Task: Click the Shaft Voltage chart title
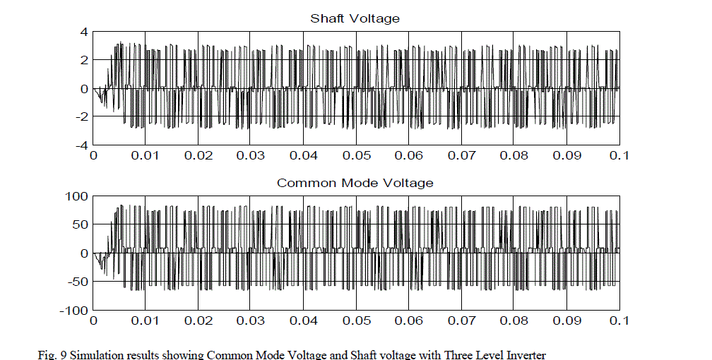click(x=355, y=18)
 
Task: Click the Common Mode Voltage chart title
click(x=355, y=183)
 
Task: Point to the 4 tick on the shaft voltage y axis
click(x=83, y=32)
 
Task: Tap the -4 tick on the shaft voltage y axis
click(x=81, y=145)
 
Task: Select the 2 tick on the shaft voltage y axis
click(x=83, y=60)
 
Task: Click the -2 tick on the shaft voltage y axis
click(x=81, y=116)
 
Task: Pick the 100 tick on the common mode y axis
click(x=76, y=196)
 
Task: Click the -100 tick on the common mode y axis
click(x=73, y=310)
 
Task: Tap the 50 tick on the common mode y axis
click(x=79, y=224)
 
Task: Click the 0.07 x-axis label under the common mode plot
click(x=461, y=320)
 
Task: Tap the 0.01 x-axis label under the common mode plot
click(x=146, y=320)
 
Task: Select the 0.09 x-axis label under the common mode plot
click(x=566, y=320)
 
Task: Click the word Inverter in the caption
click(x=528, y=354)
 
